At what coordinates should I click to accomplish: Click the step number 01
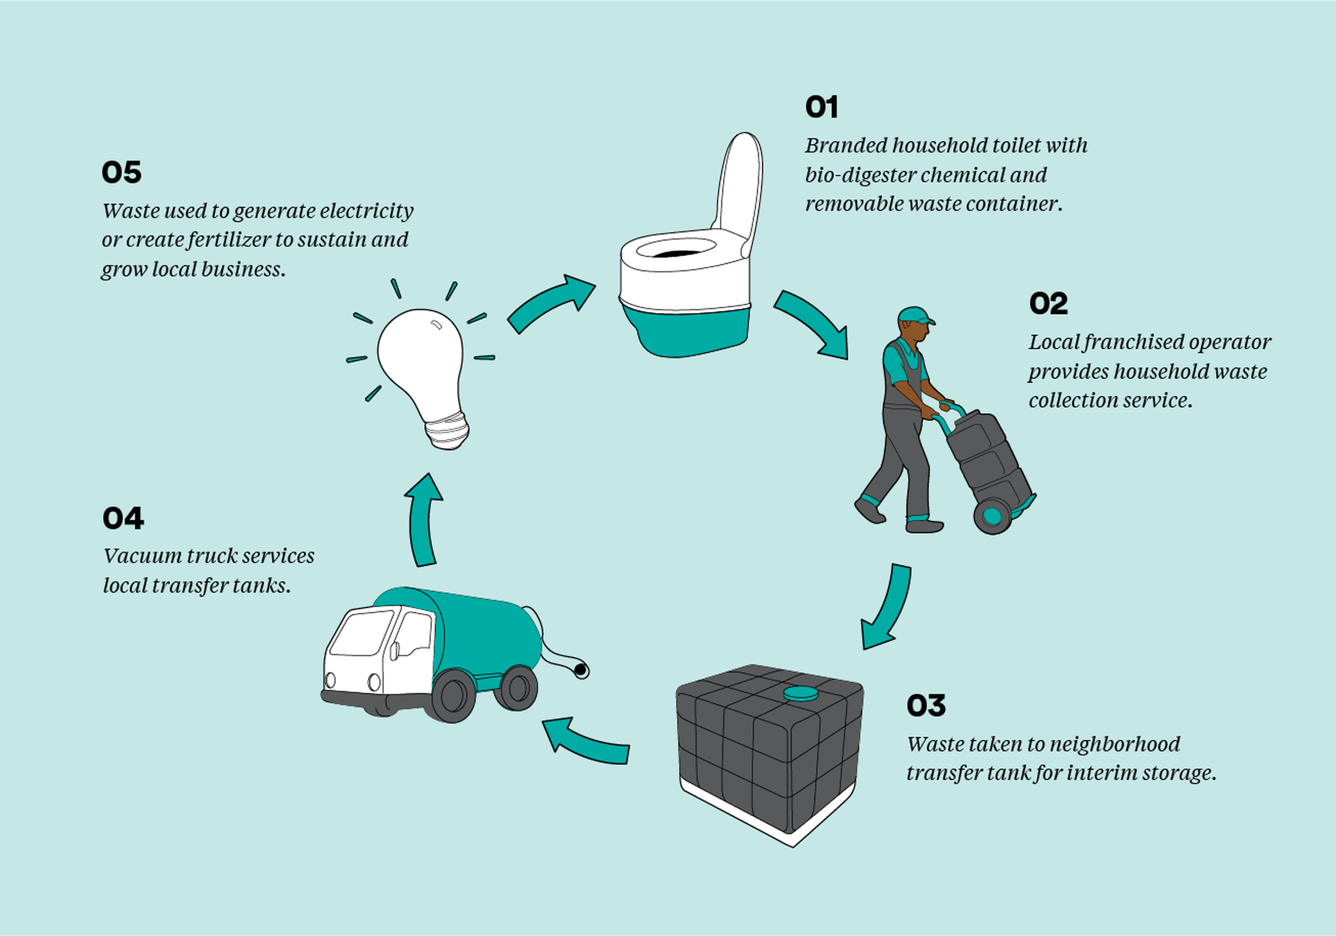[x=821, y=107]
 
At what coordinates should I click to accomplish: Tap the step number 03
[x=926, y=705]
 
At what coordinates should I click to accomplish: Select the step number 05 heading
[x=121, y=172]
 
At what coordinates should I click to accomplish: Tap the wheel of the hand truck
[x=992, y=516]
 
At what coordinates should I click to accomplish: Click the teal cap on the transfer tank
[x=801, y=694]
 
